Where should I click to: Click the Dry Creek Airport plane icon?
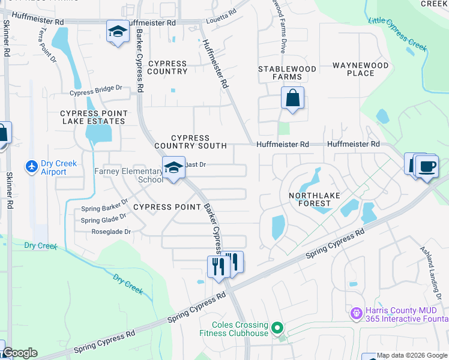click(31, 165)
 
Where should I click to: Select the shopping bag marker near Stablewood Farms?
click(292, 98)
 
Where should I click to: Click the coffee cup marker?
click(426, 166)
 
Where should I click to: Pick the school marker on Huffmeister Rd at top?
click(118, 32)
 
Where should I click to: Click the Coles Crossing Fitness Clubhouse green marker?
click(277, 328)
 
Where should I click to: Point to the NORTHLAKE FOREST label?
click(310, 199)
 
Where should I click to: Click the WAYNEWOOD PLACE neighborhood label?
click(361, 69)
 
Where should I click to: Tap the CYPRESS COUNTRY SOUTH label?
click(190, 142)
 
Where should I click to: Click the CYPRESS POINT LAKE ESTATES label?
click(93, 117)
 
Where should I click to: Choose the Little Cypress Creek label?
click(396, 32)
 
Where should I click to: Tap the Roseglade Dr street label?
click(110, 231)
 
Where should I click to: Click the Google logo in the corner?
click(20, 353)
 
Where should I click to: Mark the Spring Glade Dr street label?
click(104, 220)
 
